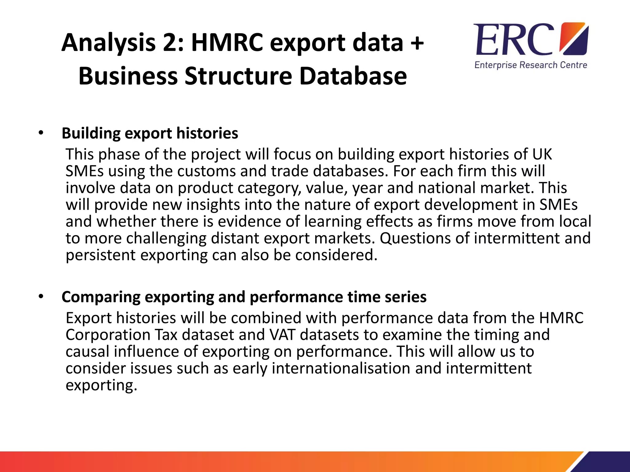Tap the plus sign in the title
tap(417, 42)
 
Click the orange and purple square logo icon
tap(574, 38)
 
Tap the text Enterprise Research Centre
tap(531, 65)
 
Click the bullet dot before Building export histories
tap(41, 133)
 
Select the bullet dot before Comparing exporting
tap(41, 297)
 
